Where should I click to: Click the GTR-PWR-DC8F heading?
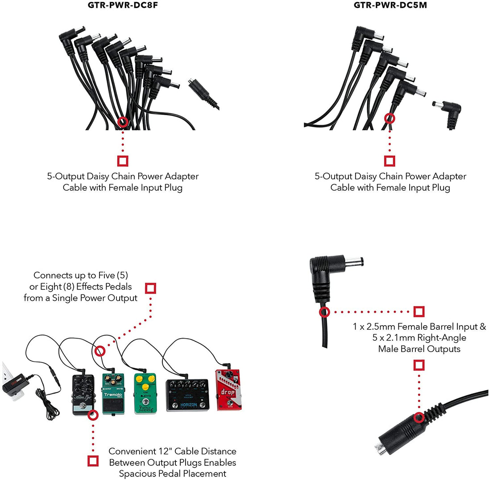123,5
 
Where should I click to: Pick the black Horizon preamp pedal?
188,395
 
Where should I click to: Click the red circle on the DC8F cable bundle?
123,122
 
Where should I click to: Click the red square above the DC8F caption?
123,161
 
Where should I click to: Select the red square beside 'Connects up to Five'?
151,288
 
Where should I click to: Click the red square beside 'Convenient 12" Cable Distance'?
93,461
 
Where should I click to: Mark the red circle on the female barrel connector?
419,418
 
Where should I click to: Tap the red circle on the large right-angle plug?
324,312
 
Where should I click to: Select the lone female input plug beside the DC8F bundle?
201,91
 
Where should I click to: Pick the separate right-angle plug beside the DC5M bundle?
450,114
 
